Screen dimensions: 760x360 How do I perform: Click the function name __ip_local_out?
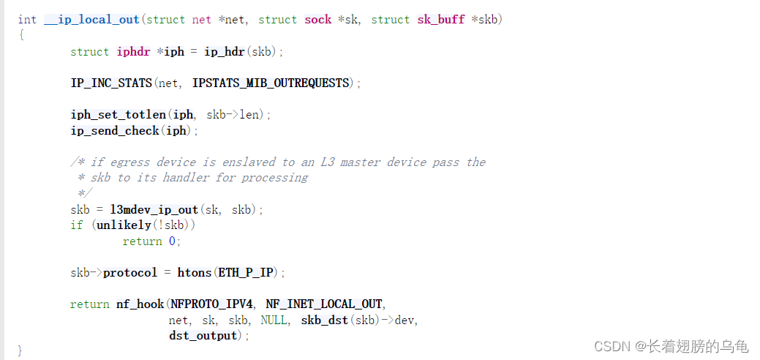pos(91,20)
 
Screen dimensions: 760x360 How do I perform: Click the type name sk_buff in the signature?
pos(440,20)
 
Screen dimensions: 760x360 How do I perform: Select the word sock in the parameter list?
pos(318,20)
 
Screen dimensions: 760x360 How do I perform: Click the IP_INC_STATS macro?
pos(112,83)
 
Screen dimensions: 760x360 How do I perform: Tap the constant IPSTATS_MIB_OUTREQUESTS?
pos(271,83)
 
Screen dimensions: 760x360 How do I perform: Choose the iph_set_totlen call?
pos(118,115)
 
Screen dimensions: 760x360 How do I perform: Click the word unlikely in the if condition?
pos(121,225)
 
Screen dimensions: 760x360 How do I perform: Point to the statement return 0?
pos(151,241)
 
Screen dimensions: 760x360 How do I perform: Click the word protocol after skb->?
pos(130,273)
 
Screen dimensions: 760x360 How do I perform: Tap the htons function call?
pos(194,273)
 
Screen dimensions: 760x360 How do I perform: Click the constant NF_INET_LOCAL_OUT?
pos(325,304)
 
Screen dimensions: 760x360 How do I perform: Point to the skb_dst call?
pos(325,320)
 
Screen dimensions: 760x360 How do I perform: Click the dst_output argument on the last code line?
pos(203,336)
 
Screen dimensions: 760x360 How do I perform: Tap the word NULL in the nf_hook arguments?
pos(274,320)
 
